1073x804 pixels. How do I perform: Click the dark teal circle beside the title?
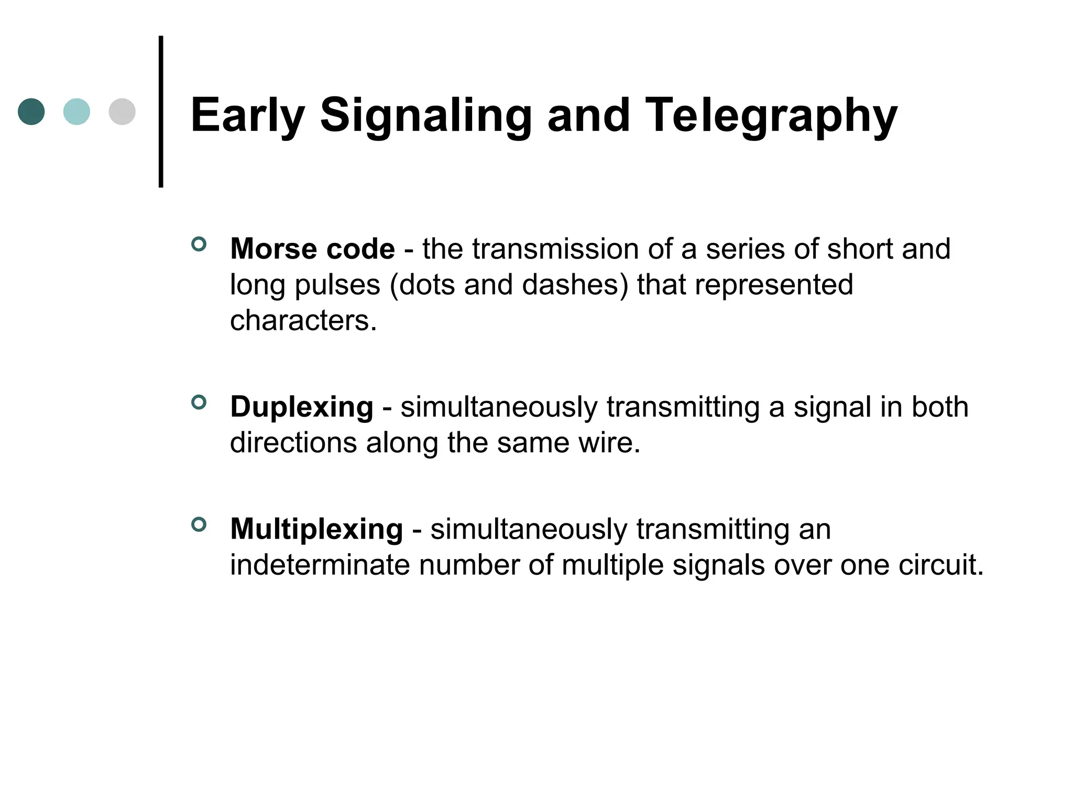tap(31, 111)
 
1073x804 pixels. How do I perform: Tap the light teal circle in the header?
tap(76, 111)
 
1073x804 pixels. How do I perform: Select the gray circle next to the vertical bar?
tap(122, 111)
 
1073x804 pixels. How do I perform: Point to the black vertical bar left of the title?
tap(161, 111)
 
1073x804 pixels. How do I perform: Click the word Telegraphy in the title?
tap(771, 116)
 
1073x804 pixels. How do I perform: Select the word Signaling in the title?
tap(426, 116)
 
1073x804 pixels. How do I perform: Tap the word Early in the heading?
tap(247, 116)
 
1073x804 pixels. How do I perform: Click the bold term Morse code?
tap(312, 249)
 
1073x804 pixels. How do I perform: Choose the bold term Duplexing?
tap(302, 407)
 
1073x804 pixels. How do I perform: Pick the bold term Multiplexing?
tap(316, 529)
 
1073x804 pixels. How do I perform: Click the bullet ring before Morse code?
tap(199, 244)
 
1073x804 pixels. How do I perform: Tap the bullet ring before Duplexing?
tap(199, 403)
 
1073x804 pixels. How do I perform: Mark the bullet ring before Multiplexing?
tap(199, 524)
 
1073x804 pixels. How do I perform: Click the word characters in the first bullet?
tap(303, 320)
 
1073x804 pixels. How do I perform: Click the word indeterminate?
tap(320, 565)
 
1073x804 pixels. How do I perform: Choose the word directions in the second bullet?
tap(293, 443)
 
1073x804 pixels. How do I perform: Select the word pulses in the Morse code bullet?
tap(337, 286)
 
